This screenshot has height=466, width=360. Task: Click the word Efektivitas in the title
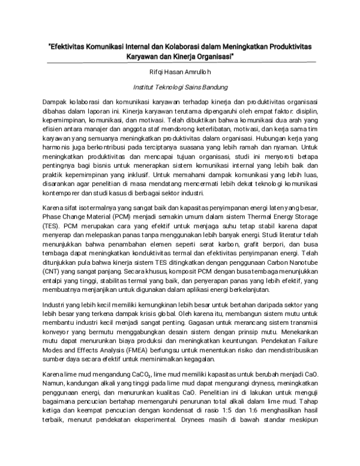[x=71, y=46]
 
